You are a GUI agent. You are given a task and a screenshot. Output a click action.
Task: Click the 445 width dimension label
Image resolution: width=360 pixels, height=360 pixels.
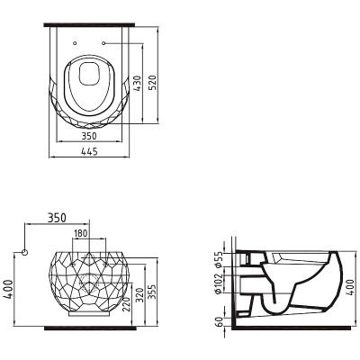tap(89, 152)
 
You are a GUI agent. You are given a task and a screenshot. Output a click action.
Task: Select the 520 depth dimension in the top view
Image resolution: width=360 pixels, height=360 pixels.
tap(153, 83)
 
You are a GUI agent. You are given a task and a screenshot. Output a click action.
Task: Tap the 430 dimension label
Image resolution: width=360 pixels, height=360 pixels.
tap(137, 84)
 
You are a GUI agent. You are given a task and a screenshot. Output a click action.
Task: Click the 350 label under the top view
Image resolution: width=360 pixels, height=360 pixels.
tap(89, 136)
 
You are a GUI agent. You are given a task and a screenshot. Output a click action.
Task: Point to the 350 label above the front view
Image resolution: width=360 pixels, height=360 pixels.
tap(57, 218)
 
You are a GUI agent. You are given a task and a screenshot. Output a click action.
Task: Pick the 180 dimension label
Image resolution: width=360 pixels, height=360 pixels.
tap(81, 233)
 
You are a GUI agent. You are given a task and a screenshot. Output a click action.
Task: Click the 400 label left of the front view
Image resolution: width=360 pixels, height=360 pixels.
tap(9, 289)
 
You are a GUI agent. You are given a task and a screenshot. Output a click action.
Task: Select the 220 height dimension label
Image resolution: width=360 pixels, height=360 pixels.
tap(127, 304)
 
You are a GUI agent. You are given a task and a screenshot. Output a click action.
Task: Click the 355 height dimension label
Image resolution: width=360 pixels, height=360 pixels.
tap(151, 293)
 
